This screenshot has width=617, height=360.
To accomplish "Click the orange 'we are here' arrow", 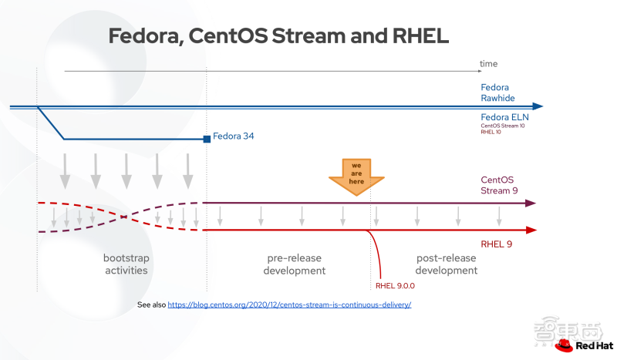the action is click(356, 177).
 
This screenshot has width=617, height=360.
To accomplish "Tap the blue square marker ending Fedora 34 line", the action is click(207, 139).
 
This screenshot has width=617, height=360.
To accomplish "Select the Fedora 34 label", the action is click(234, 136).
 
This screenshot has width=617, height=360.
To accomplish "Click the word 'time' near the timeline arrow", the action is click(488, 64).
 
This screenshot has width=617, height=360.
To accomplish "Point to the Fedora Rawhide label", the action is click(497, 93).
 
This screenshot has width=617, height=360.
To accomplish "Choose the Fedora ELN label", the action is click(504, 117).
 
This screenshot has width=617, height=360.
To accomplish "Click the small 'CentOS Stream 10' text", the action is click(503, 126).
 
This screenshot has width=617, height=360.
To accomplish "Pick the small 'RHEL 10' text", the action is click(491, 132).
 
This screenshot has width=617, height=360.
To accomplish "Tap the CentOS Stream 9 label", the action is click(499, 185).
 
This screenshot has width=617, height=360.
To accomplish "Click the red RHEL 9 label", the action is click(496, 244).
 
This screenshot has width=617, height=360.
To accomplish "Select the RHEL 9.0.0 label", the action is click(395, 286).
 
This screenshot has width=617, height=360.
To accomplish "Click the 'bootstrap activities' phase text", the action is click(126, 264).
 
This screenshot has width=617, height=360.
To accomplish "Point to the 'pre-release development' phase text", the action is click(295, 264).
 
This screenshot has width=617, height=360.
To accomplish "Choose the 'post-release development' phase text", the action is click(447, 264).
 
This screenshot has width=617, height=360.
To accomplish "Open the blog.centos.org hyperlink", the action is click(289, 304).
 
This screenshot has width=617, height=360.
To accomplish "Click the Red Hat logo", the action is click(584, 345).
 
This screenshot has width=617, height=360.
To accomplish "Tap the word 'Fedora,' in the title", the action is click(146, 35).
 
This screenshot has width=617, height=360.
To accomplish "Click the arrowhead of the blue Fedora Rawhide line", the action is click(538, 106).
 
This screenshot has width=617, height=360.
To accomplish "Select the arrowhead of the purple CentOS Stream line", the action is click(531, 203).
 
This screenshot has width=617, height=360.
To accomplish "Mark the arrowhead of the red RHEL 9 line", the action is click(531, 230).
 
